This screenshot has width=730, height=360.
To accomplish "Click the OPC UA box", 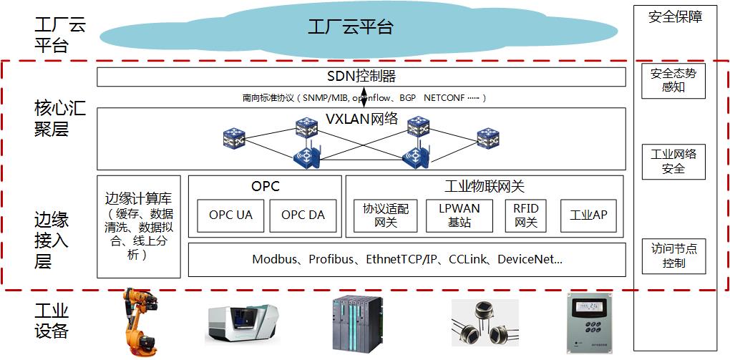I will (230, 215).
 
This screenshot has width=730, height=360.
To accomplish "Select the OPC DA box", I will (303, 215).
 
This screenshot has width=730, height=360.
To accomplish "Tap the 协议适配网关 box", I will (386, 215).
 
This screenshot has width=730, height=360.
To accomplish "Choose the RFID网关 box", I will (526, 215).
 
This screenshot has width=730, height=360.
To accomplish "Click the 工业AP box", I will (588, 215).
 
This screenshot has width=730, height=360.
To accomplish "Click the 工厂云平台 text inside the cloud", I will (351, 28).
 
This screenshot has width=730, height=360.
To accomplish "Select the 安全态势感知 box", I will (673, 80).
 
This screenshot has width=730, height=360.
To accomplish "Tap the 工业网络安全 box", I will (673, 161).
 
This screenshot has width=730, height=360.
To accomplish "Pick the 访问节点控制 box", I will (673, 256).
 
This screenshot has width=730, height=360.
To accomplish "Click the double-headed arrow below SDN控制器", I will (364, 97).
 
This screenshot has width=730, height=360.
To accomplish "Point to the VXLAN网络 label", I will (363, 119).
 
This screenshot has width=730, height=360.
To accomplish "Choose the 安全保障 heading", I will (674, 16).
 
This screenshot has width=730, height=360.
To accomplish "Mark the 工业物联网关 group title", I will (484, 186).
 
